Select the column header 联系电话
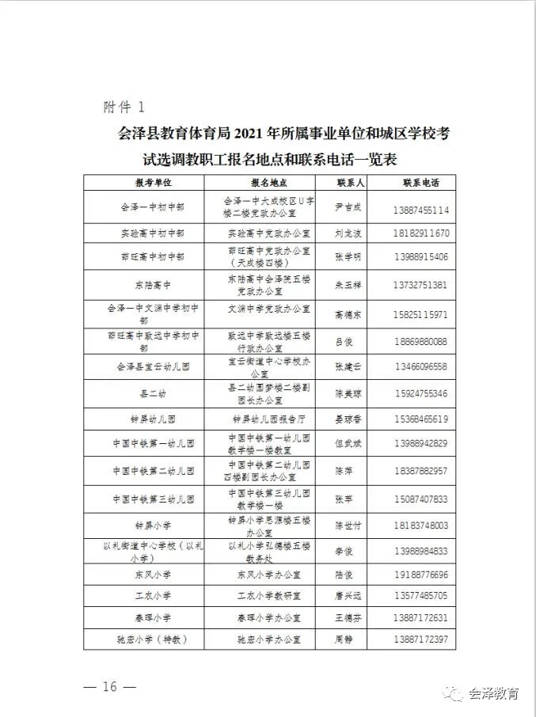(x=420, y=183)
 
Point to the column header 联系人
(x=349, y=183)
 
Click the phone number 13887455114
(x=420, y=210)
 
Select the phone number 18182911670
(x=420, y=233)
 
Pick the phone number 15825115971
(x=420, y=314)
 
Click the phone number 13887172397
(x=420, y=639)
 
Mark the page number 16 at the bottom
(x=109, y=686)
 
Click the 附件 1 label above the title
(x=124, y=106)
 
